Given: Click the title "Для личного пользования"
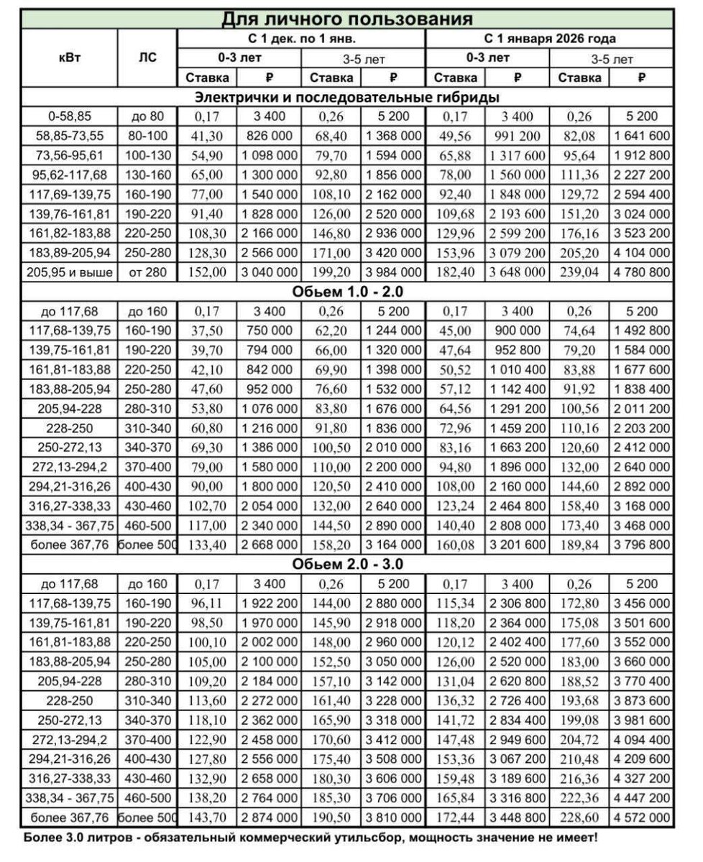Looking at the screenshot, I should coord(346,18).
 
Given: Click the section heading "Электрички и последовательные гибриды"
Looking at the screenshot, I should coord(347,96).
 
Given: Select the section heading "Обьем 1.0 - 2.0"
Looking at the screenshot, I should coord(347,292).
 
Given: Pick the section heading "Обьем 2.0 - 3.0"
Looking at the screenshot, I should coord(347,565).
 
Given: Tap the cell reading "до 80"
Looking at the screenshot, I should coord(147,116).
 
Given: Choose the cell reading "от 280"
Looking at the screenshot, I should coord(147,272).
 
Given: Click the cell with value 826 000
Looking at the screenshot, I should coord(270,136).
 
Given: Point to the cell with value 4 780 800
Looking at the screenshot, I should coord(642,272).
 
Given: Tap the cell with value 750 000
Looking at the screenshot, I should coord(270,331).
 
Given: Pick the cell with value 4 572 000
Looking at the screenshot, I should coord(642,817).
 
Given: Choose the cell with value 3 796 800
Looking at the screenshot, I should coord(642,545).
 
